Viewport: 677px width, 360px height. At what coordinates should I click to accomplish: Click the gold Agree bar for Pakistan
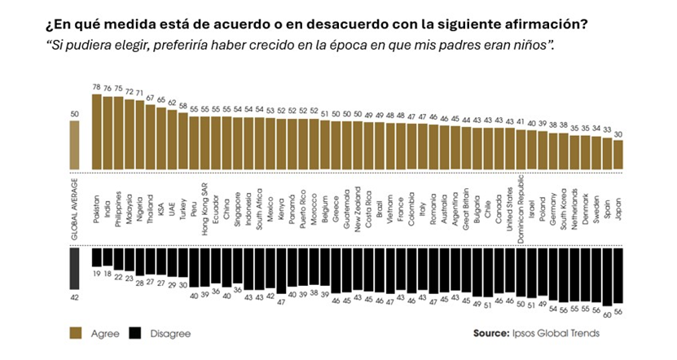pos(96,132)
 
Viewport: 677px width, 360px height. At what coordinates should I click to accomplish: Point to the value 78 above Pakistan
pos(96,87)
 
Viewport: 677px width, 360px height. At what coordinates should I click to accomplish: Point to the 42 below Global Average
pos(75,299)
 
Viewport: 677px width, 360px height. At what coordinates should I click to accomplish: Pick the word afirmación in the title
pos(546,23)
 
